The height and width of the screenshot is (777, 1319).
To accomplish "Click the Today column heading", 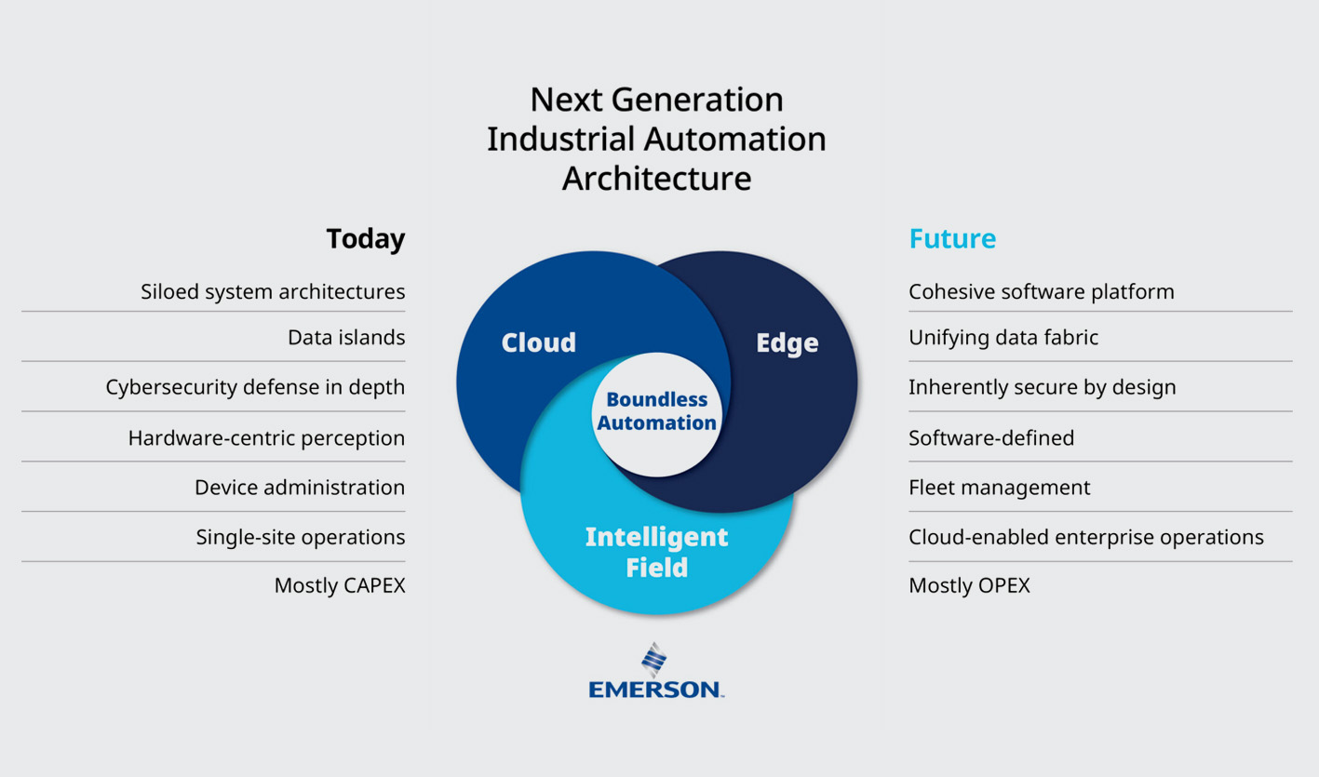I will pos(365,239).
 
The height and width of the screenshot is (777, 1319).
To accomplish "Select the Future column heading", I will pos(952,239).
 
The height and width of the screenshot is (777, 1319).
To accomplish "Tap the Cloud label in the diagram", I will pos(538,342).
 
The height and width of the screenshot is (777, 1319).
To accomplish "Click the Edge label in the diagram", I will pos(787,342).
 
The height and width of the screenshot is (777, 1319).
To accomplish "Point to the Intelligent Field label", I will pos(656,552).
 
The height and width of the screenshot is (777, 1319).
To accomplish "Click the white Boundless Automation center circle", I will pos(656,412).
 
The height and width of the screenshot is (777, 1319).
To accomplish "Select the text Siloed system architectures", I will pos(273,291).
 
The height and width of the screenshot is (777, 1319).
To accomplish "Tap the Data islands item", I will pos(346,337).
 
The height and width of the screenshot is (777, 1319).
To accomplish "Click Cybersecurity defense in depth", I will pos(255,387).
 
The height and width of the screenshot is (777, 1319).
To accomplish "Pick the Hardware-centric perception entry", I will pos(266,437).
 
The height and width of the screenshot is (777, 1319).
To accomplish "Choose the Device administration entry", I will pos(300,488).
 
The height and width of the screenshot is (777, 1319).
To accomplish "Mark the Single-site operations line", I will pos(301,537).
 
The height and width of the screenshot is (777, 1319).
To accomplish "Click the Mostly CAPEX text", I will pos(340,586).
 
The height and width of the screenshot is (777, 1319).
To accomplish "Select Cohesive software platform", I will pos(1042,291).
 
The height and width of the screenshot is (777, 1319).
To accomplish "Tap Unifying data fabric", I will pos(1003,337).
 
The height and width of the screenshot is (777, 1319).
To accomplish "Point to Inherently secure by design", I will pos(1043,387).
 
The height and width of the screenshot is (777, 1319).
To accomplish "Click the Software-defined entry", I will pos(991,437).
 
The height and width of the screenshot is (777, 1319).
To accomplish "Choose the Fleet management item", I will pos(999,488).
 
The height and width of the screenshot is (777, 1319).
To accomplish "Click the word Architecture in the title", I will pos(656,178).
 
